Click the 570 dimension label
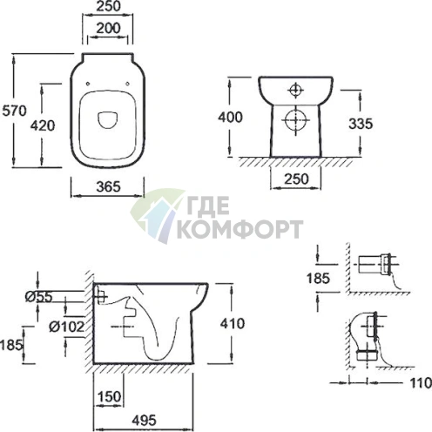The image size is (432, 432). [x=14, y=111]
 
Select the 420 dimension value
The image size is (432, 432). [x=43, y=125]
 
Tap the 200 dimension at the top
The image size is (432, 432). [x=108, y=29]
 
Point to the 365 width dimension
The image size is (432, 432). [x=108, y=186]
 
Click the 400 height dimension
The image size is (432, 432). [x=230, y=118]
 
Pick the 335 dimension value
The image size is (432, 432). [x=361, y=124]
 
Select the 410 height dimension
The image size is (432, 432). [x=233, y=323]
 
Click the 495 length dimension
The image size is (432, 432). [x=144, y=421]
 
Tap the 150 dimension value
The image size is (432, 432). [x=109, y=396]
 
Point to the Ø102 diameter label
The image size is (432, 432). [x=66, y=327]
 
